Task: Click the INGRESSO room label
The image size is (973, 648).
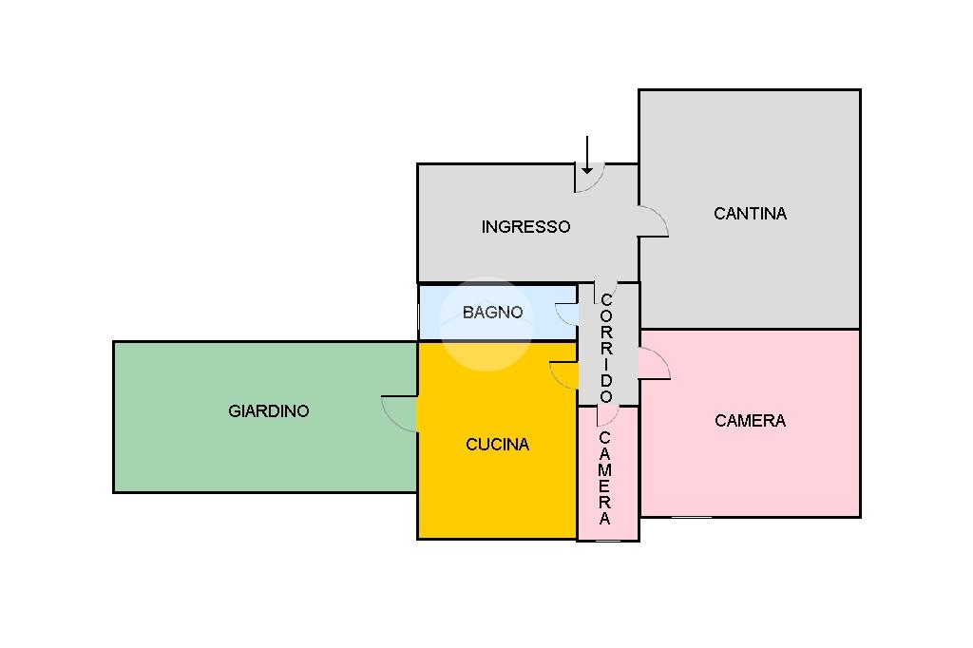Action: tap(525, 227)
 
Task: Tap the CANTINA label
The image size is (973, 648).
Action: tap(750, 214)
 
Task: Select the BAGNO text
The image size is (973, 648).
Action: tap(492, 312)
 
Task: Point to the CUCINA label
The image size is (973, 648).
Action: tap(497, 445)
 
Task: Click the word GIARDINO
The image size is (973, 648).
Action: tap(268, 411)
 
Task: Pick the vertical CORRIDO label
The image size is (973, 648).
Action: tap(606, 349)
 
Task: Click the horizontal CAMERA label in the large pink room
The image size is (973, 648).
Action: tap(750, 421)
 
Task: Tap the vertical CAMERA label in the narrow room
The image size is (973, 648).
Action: tap(605, 479)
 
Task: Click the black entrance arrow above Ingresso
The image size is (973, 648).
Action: tap(587, 155)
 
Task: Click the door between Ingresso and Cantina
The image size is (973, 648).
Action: tap(652, 221)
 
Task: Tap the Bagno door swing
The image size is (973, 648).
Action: tap(566, 314)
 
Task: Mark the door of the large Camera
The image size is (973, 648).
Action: tap(654, 364)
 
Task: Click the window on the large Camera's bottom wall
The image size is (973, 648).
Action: tap(691, 518)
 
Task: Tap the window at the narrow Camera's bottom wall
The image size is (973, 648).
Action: tap(607, 541)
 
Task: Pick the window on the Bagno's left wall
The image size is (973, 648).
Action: tap(419, 313)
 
